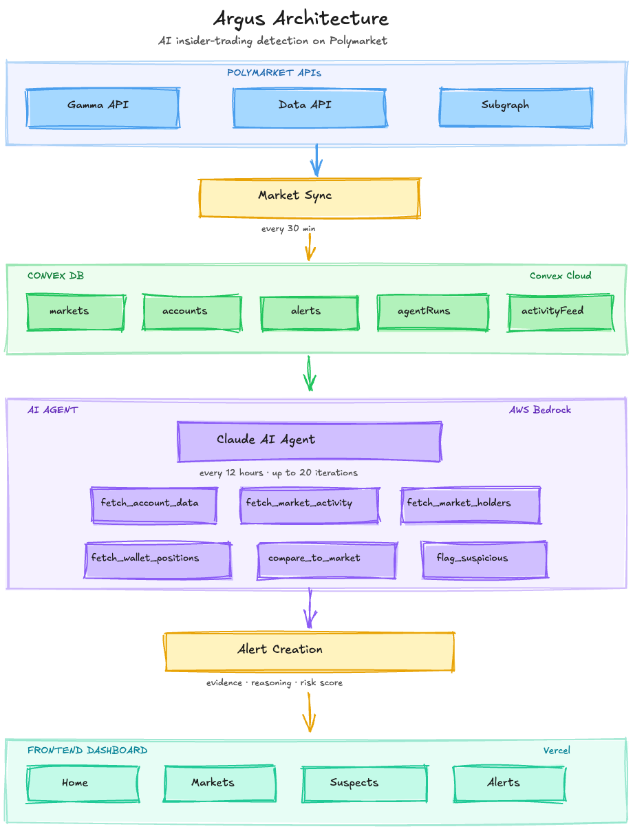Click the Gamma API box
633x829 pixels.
(103, 107)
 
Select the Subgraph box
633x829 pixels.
(515, 107)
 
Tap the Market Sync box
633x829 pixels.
(309, 198)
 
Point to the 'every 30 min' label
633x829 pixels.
(288, 228)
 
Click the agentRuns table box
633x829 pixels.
(433, 312)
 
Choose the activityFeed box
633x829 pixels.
(559, 312)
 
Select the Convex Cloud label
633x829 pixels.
(560, 276)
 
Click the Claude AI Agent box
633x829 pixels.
(309, 441)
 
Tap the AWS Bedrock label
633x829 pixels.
(540, 410)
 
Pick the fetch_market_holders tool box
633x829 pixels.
(471, 505)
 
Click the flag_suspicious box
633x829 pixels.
(484, 559)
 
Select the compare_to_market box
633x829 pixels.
(327, 560)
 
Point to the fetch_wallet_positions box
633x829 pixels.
(158, 560)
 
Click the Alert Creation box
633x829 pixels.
(309, 651)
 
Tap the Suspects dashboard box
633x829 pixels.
(364, 784)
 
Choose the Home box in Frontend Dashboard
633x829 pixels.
(83, 784)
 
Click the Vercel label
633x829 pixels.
(557, 751)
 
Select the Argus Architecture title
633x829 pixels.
(301, 18)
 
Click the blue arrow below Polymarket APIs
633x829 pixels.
(316, 162)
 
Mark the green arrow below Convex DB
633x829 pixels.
(310, 375)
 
